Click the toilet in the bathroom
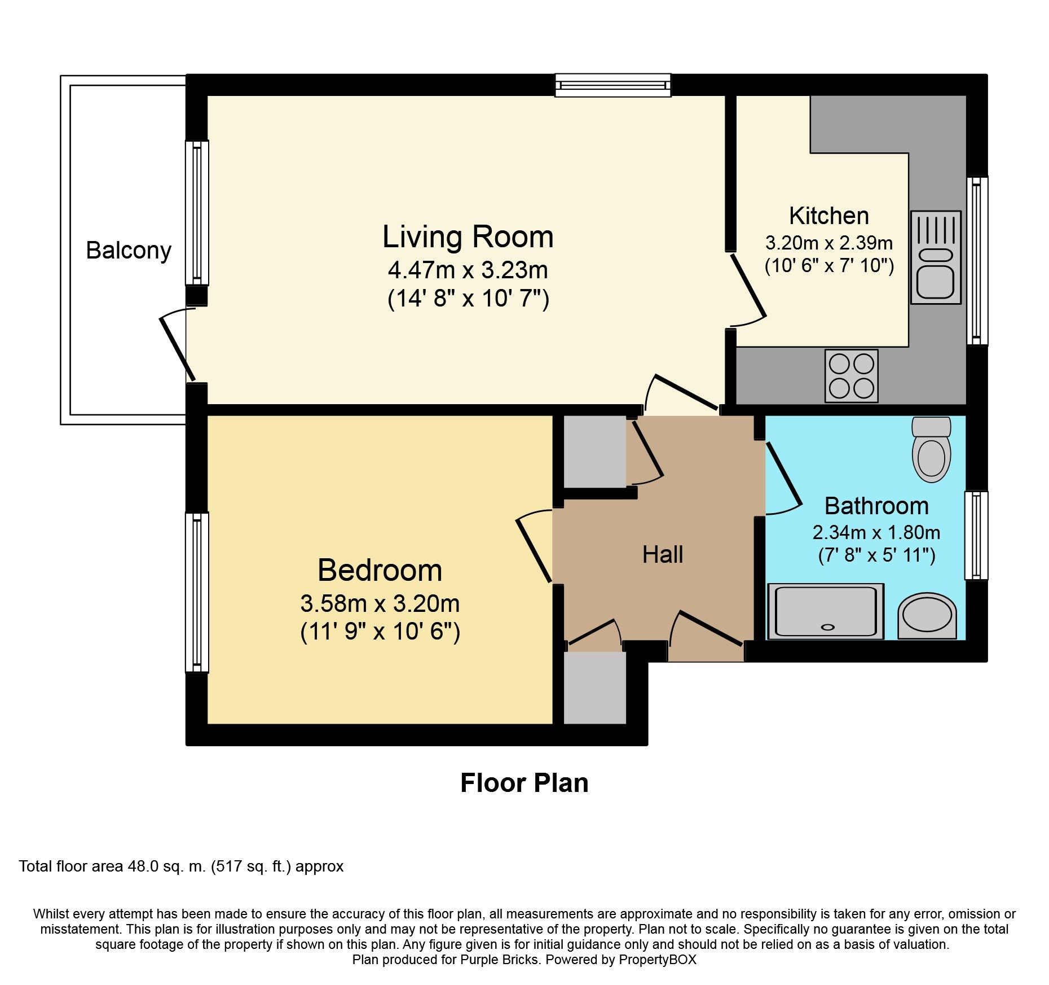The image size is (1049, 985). click(931, 450)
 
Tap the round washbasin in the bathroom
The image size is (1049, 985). click(927, 616)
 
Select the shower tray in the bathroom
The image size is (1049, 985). click(826, 611)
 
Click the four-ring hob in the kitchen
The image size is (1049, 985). click(851, 376)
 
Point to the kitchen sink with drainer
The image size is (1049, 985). click(935, 258)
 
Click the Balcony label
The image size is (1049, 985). click(129, 251)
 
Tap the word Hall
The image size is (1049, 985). click(663, 555)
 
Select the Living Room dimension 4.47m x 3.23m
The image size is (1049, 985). click(468, 270)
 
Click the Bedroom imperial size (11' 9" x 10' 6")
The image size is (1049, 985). click(380, 632)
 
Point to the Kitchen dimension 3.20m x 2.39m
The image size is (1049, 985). click(828, 243)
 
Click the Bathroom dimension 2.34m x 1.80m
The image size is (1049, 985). click(876, 532)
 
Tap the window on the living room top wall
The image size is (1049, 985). click(612, 85)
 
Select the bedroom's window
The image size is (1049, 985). click(197, 592)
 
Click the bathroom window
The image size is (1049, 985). click(976, 535)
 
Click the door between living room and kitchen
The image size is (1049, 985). click(748, 286)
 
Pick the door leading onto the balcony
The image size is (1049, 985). click(177, 349)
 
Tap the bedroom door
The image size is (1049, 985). click(534, 550)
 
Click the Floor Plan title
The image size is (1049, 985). click(524, 783)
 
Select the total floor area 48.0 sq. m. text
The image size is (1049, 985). click(180, 866)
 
